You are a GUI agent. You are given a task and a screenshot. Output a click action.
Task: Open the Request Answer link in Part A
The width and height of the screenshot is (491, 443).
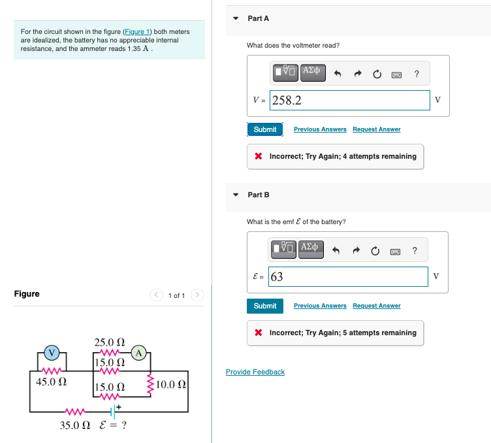[376, 129]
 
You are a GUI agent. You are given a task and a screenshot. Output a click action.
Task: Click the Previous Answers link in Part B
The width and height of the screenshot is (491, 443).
[319, 306]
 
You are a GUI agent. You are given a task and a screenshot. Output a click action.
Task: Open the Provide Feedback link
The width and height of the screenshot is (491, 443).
[255, 372]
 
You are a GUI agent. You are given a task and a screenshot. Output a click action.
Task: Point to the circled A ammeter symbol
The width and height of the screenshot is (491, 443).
[139, 353]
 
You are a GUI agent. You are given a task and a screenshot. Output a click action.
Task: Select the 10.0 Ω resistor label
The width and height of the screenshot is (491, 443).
[172, 384]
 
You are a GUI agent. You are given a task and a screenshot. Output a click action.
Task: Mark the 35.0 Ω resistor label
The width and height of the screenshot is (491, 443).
[75, 425]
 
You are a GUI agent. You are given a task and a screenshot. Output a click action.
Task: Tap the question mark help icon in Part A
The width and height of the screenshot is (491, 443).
[417, 74]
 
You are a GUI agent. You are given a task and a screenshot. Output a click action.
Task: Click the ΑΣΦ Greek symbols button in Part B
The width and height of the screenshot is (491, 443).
[311, 249]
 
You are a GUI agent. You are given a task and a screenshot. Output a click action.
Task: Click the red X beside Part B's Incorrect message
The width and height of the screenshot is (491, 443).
[259, 333]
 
